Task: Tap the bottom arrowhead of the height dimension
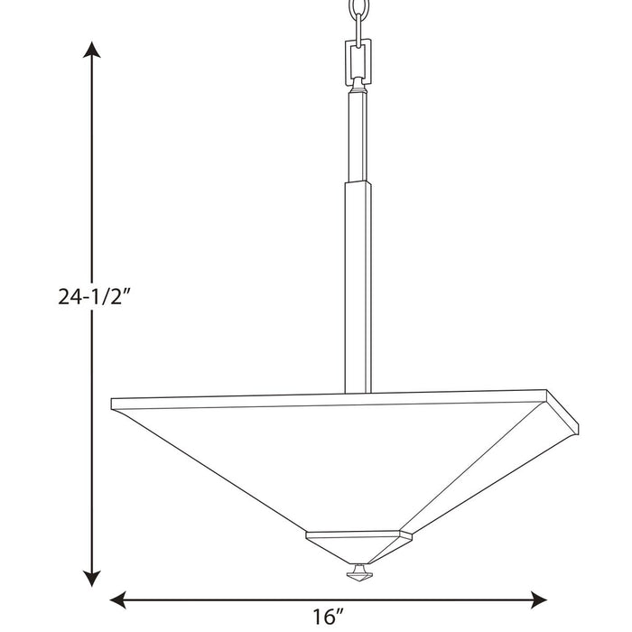pyautogui.click(x=90, y=578)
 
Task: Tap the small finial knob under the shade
pyautogui.click(x=358, y=572)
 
